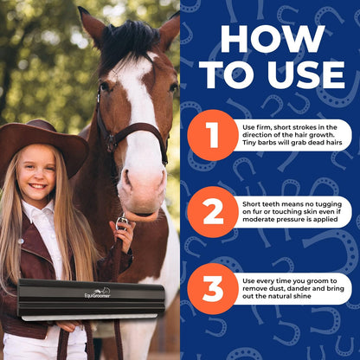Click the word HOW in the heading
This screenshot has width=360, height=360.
click(x=273, y=39)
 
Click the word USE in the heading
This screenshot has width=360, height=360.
click(x=306, y=74)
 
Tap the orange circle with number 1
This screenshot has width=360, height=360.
click(x=213, y=135)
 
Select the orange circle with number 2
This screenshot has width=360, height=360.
click(x=213, y=212)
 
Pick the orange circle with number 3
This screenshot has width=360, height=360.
click(x=213, y=289)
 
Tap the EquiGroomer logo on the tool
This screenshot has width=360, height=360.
click(x=98, y=293)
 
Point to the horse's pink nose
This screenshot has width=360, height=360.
click(x=142, y=189)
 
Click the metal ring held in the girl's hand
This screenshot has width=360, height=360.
click(x=122, y=222)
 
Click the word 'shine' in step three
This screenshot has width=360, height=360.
click(x=302, y=296)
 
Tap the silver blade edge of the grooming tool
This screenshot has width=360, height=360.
click(x=89, y=317)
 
